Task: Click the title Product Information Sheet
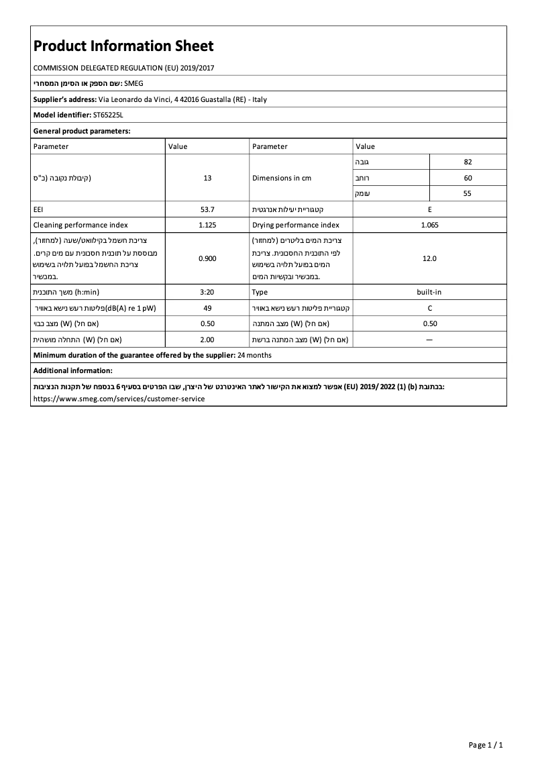coord(123,46)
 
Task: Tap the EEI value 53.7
coord(207,209)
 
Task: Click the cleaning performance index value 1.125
coord(207,225)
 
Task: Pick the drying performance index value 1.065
coord(429,225)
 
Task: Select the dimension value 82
coord(468,162)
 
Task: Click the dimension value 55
coord(468,193)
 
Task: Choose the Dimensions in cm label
coord(282,178)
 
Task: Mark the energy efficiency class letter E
coord(429,209)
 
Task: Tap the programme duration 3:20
coord(207,292)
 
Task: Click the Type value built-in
coord(429,292)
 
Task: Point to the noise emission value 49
coord(207,308)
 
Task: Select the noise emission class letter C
coord(429,308)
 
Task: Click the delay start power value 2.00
coord(207,340)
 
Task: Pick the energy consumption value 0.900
coord(207,258)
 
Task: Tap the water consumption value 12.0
coord(429,258)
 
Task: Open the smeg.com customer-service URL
coord(119,398)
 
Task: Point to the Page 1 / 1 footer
coord(485,745)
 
